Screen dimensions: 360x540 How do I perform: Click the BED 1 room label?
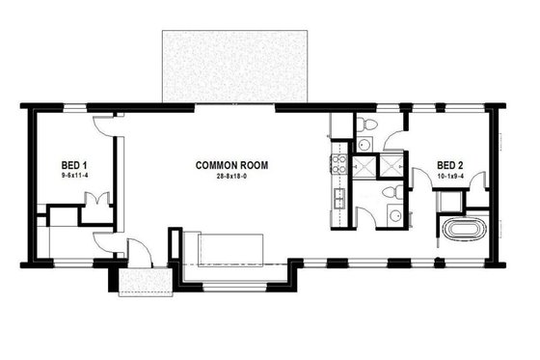[75, 166]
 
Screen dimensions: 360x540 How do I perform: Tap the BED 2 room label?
[451, 164]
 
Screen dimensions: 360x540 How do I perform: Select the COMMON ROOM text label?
[231, 166]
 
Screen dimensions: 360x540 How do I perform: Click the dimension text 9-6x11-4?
[75, 177]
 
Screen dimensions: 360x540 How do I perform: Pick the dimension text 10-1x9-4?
[451, 176]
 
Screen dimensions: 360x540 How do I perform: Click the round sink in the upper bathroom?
[364, 145]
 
